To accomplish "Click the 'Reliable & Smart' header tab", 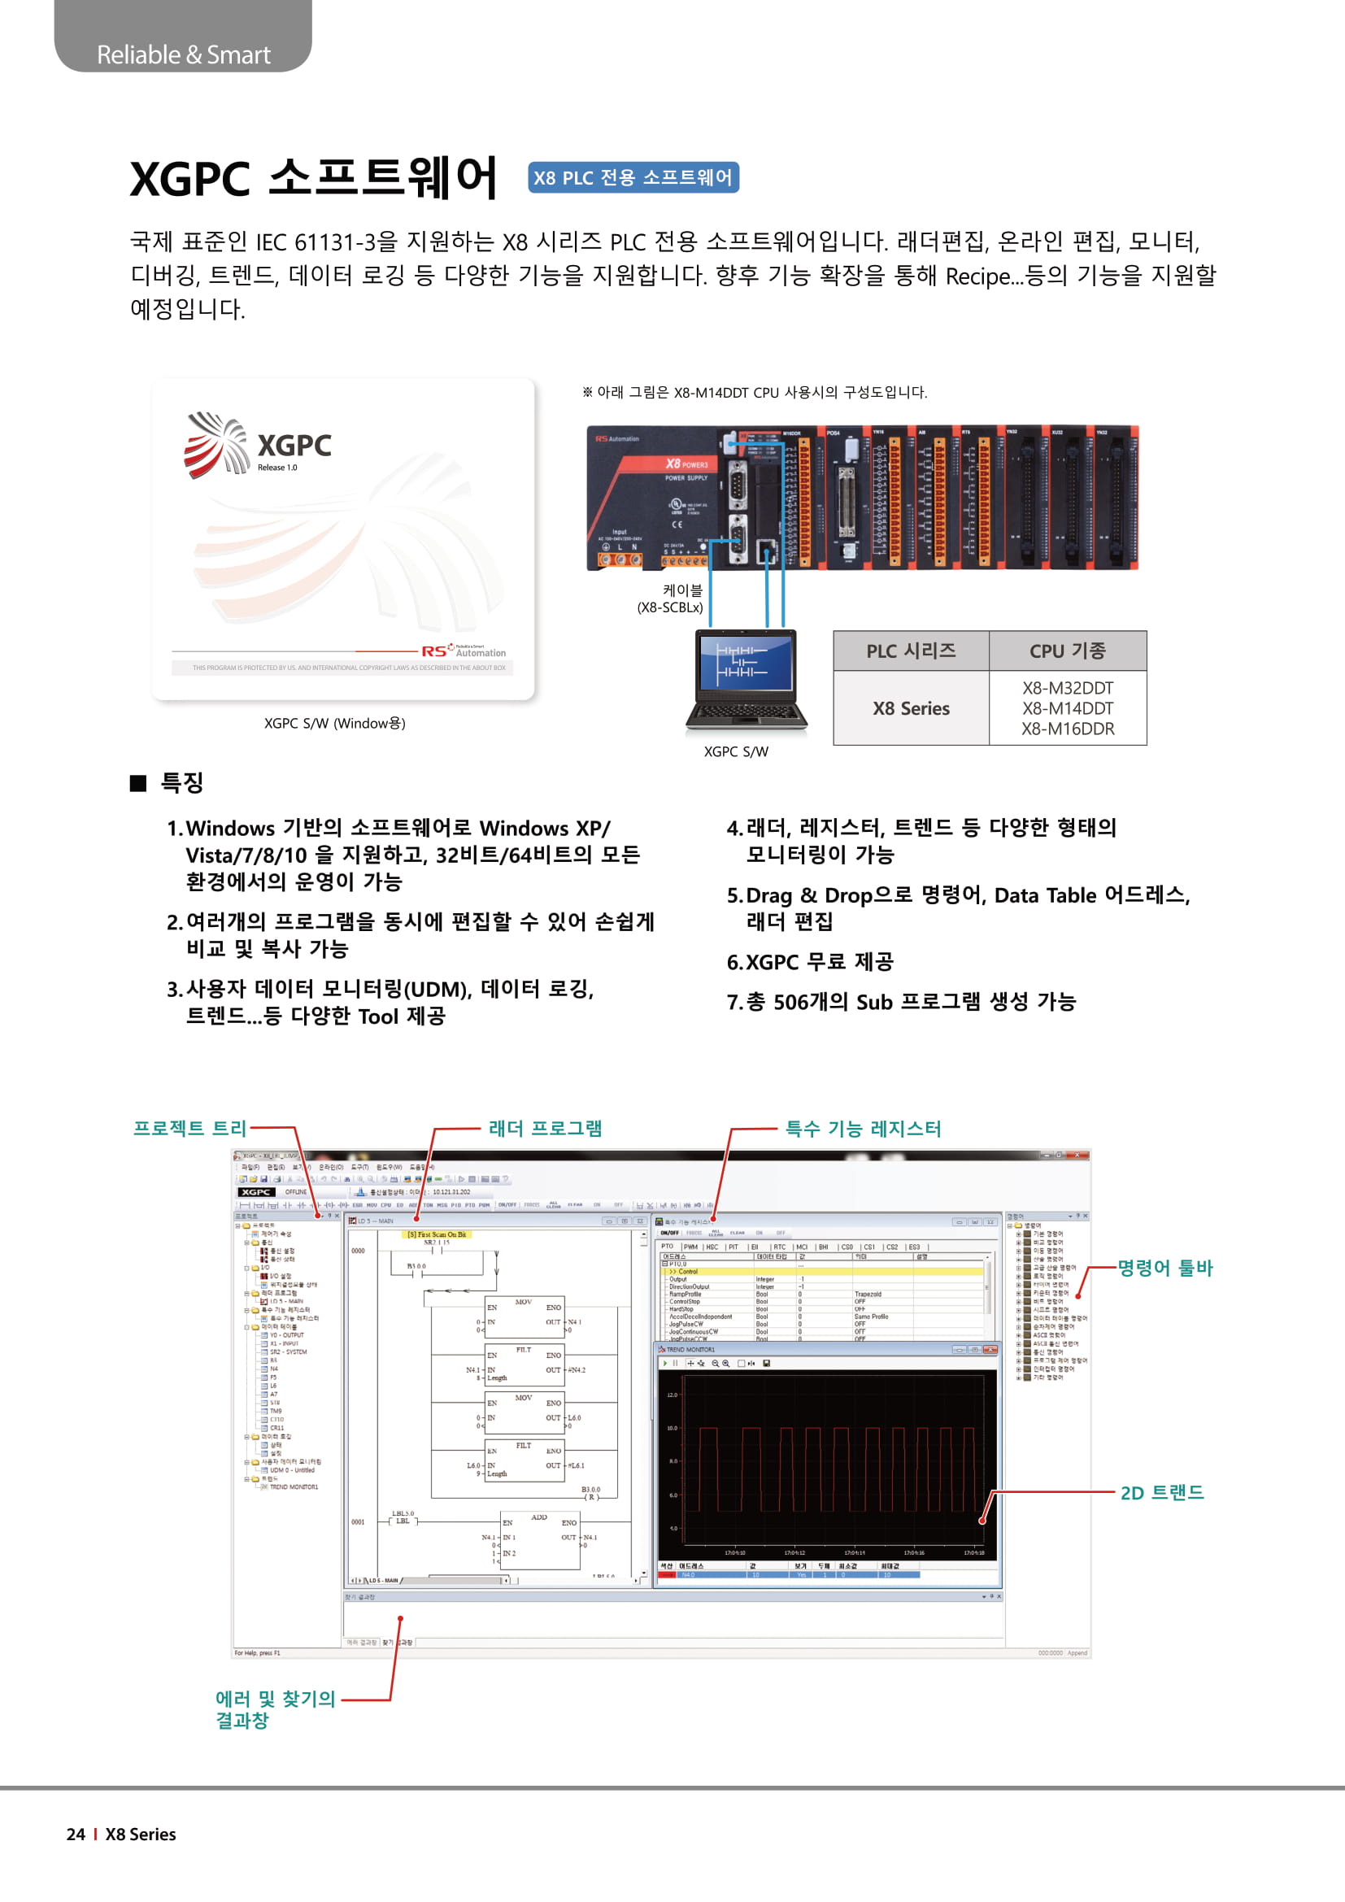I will point(183,54).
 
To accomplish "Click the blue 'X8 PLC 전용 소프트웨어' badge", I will point(633,177).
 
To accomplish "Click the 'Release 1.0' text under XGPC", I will point(276,468).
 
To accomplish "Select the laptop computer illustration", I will point(746,681).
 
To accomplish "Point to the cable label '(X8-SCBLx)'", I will point(669,607).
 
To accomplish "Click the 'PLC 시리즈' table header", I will point(910,651).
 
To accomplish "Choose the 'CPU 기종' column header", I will point(1067,651).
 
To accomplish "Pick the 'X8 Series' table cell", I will point(910,708).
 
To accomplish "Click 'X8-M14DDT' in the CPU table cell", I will point(1067,708).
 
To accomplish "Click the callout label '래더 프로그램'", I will point(545,1129).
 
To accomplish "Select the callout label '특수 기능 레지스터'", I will point(862,1129).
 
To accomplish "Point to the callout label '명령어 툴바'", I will point(1164,1268).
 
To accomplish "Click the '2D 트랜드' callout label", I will point(1161,1493).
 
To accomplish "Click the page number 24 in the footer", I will point(76,1834).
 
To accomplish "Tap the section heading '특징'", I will point(181,782).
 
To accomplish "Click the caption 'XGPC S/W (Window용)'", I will point(334,723).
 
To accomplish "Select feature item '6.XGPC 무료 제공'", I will point(809,962).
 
